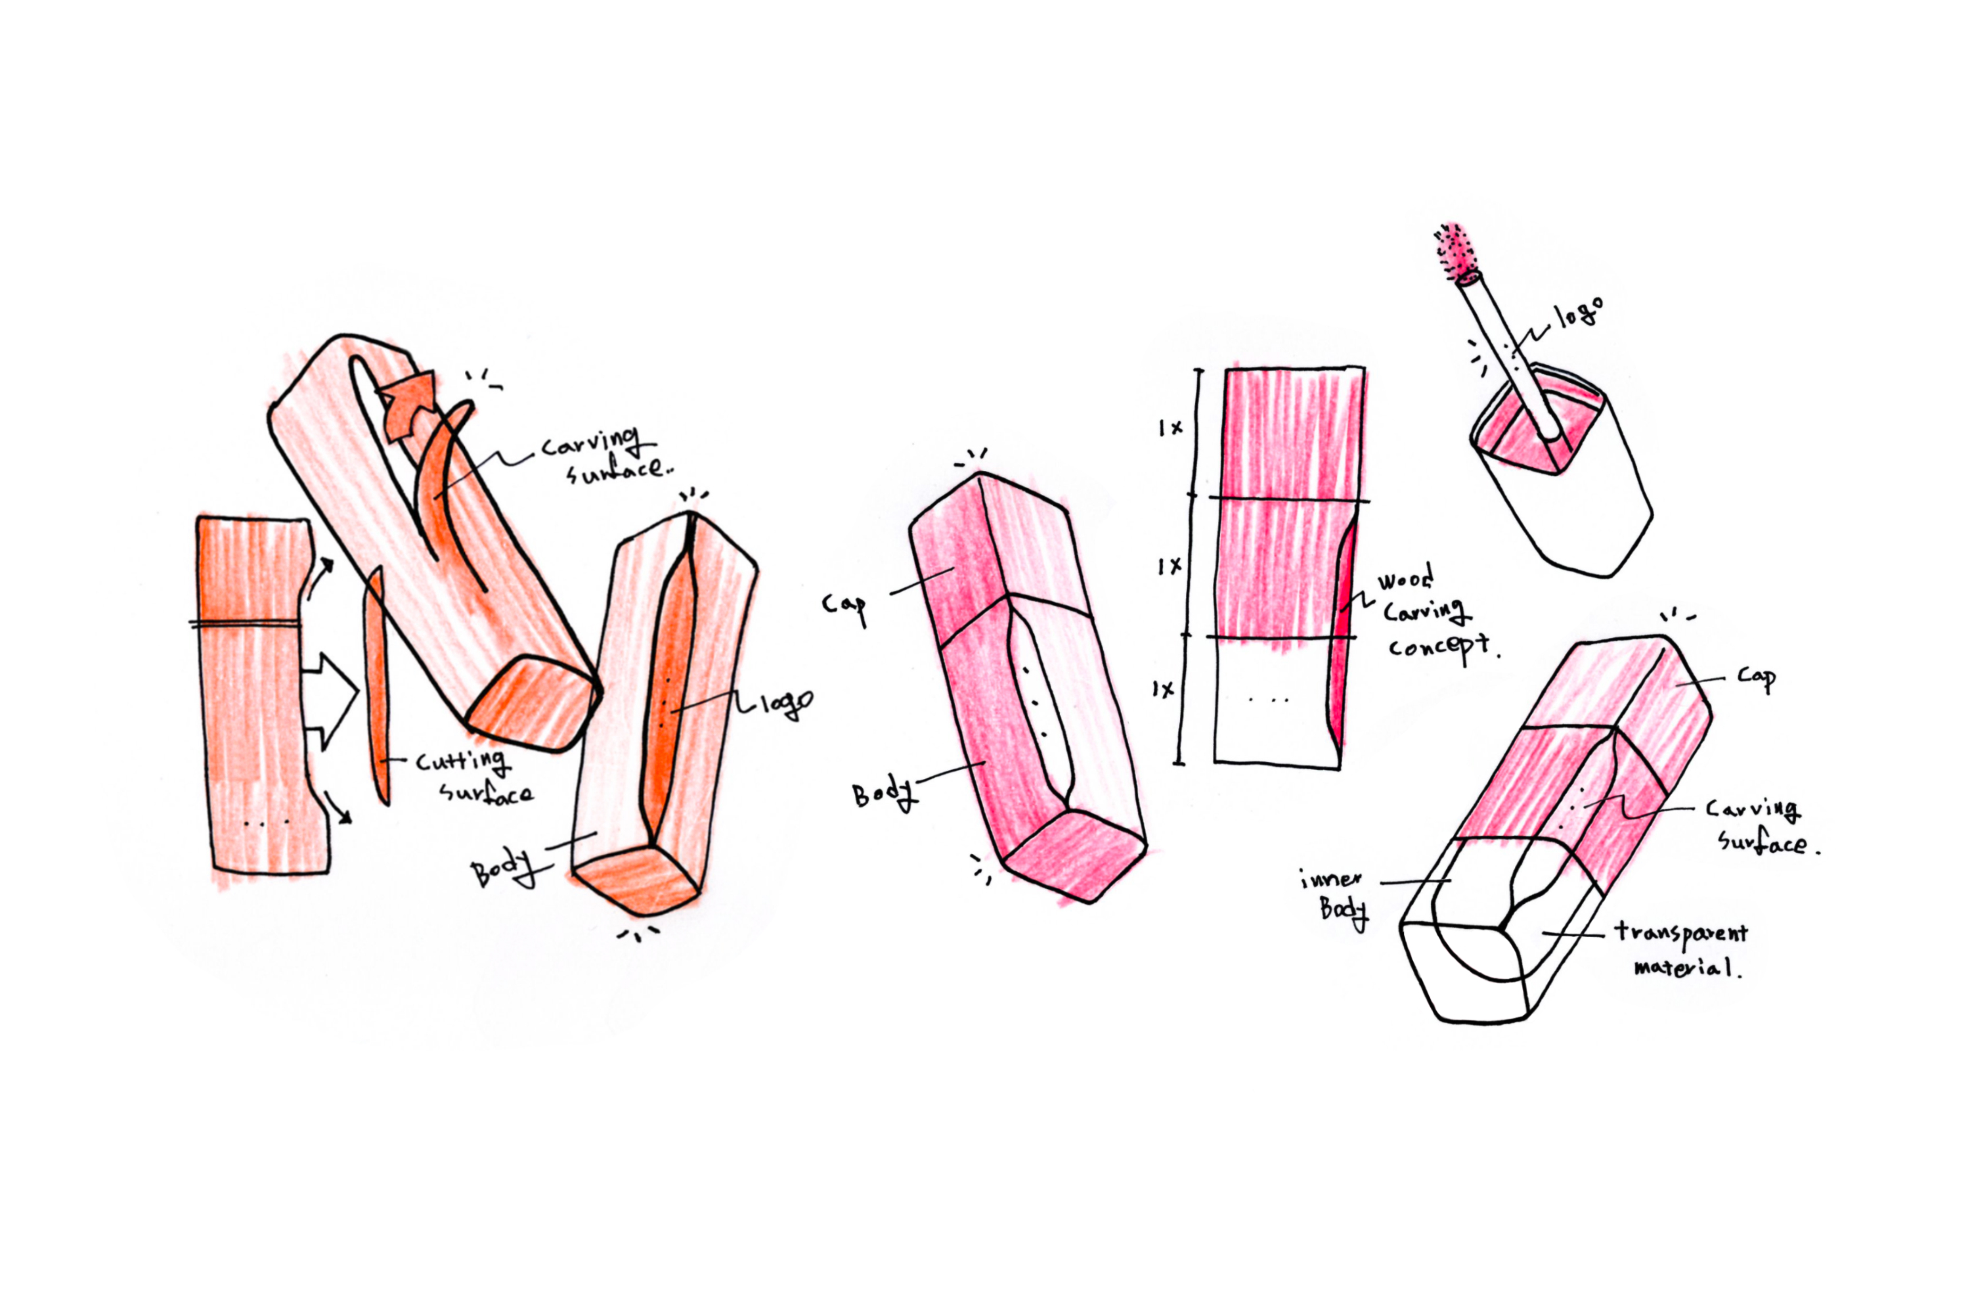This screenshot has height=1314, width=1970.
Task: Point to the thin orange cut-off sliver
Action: tap(377, 685)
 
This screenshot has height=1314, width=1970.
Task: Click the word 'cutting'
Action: tap(462, 761)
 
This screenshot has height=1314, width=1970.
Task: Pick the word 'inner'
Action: tap(1331, 879)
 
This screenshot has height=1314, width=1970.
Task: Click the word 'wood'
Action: tap(1405, 578)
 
